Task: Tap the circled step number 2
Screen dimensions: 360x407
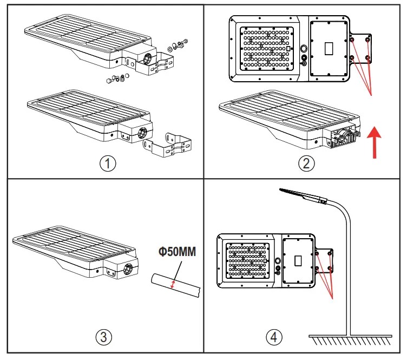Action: tap(306, 164)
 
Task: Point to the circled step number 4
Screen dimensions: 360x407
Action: tap(274, 337)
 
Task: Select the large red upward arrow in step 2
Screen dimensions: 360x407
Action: tap(372, 142)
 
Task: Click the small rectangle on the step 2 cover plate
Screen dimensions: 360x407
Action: tap(329, 49)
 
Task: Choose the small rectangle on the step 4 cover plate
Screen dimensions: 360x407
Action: tap(297, 260)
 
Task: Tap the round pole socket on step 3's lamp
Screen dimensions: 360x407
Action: tap(130, 267)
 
